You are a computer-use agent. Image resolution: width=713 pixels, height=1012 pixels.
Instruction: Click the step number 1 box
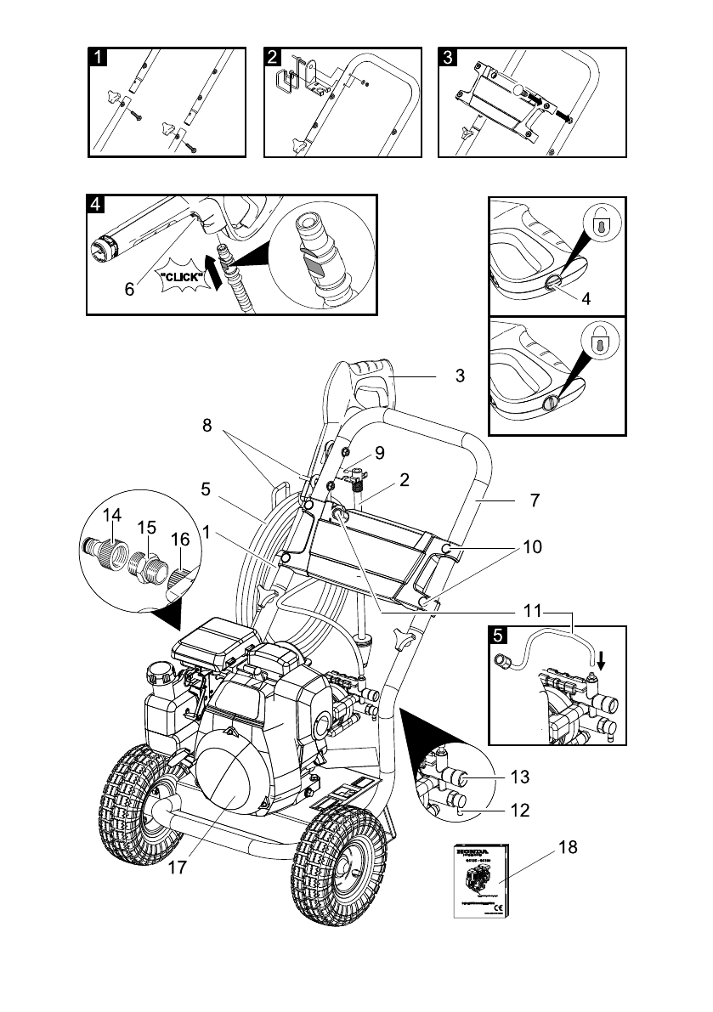(x=99, y=57)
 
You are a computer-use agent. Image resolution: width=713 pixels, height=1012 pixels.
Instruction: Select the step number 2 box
(x=273, y=57)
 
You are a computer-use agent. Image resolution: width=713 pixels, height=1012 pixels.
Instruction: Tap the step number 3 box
(x=447, y=57)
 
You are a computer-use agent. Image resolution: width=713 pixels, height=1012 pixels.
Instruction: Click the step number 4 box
(x=96, y=205)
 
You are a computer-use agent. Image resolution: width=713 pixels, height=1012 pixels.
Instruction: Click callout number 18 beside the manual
(x=568, y=847)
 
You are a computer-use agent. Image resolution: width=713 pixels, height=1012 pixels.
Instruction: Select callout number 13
(x=520, y=776)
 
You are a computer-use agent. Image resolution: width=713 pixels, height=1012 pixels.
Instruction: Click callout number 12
(x=520, y=811)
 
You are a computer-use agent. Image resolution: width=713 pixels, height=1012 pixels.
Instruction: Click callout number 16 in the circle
(x=179, y=540)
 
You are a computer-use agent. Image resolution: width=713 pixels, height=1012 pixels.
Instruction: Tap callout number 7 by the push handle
(x=534, y=500)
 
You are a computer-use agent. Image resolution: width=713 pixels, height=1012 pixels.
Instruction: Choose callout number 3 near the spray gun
(x=460, y=376)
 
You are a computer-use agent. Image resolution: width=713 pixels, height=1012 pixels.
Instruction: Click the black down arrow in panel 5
(x=600, y=663)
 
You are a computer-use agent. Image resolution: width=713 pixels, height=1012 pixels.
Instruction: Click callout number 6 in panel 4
(x=129, y=289)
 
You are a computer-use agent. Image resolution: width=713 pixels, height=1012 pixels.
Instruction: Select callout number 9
(x=379, y=454)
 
